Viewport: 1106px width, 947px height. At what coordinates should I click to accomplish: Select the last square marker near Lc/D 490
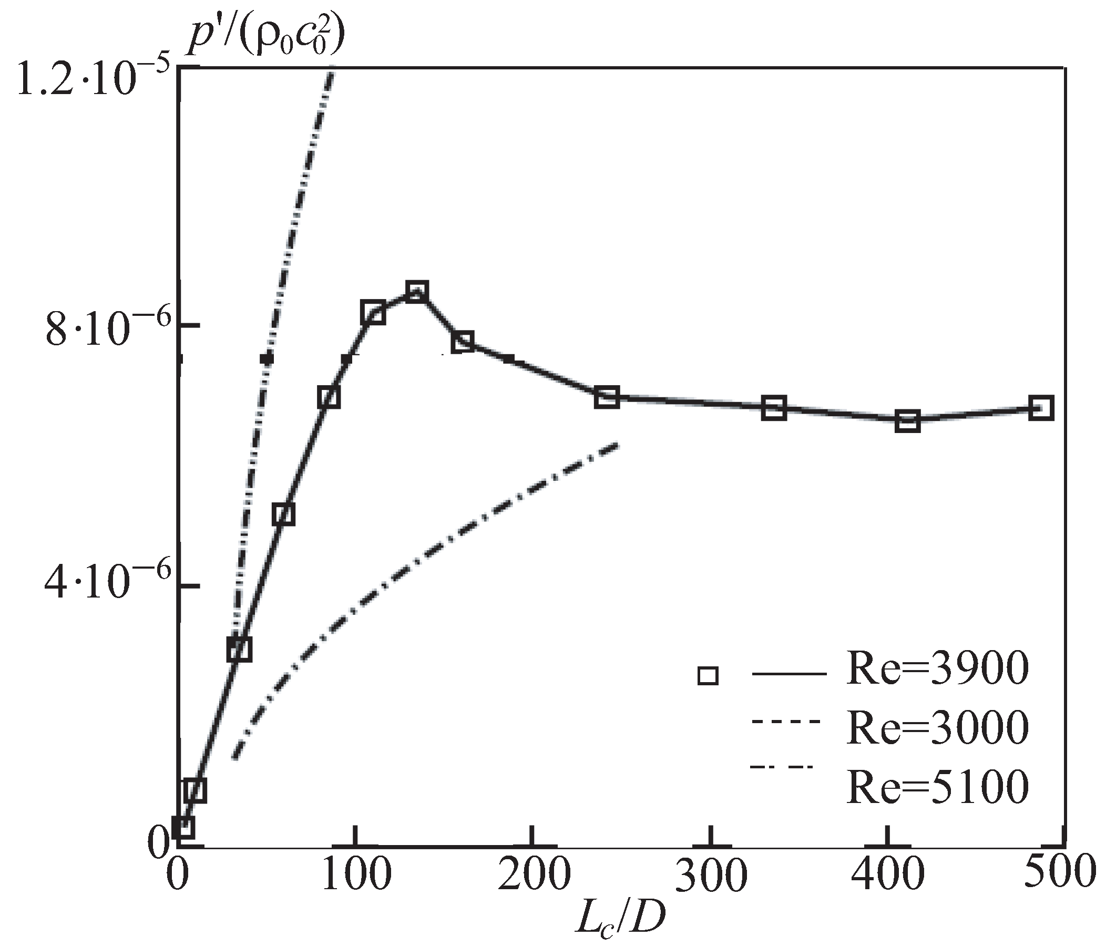[x=1041, y=409]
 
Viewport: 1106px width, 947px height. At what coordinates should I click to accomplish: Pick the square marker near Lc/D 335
[x=774, y=409]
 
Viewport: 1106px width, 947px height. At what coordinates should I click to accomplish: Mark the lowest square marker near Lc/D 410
[x=907, y=421]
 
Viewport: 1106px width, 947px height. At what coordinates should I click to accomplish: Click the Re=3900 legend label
[x=937, y=670]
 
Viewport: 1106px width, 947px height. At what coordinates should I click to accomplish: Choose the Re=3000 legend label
[x=937, y=728]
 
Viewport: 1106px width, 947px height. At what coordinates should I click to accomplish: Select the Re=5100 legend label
[x=937, y=787]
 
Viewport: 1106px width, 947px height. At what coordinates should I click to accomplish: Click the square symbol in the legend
[x=708, y=675]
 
